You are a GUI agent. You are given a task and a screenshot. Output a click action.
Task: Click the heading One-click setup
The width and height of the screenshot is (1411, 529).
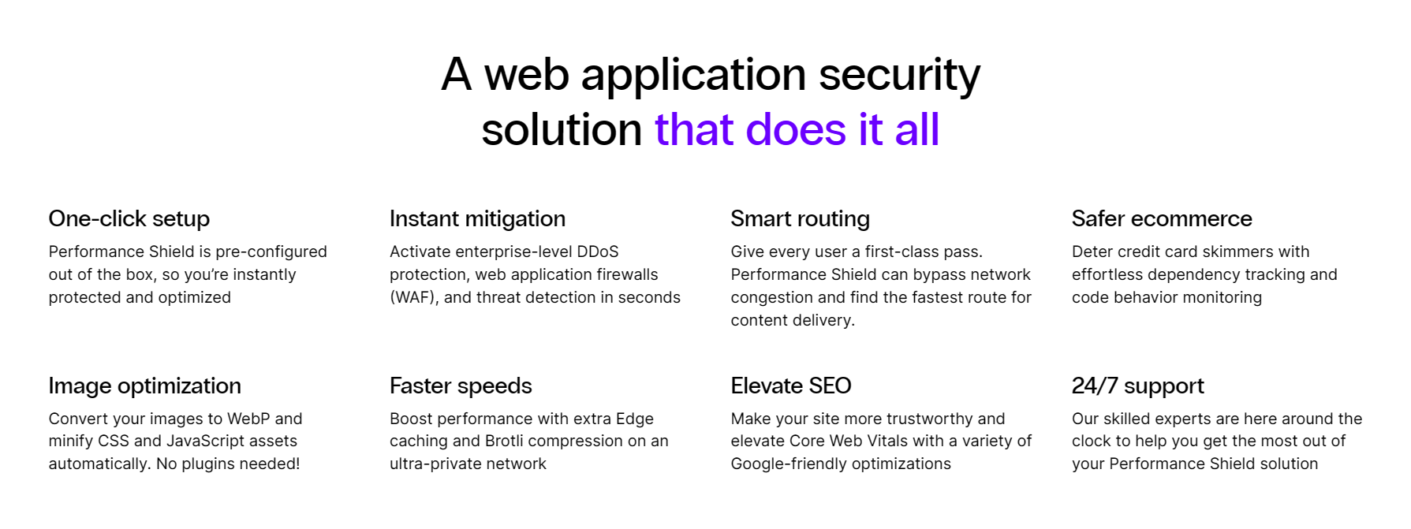pos(129,218)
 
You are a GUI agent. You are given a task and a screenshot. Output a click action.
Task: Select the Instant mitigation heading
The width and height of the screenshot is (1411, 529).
pos(477,218)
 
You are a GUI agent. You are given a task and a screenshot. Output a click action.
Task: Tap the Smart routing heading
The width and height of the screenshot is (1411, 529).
pos(800,218)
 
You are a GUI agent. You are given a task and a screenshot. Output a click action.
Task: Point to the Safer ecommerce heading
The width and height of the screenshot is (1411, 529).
pos(1161,218)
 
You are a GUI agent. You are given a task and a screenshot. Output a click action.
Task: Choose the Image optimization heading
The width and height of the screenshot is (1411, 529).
pos(144,386)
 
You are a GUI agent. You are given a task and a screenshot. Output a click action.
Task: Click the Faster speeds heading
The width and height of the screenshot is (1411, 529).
pos(461,386)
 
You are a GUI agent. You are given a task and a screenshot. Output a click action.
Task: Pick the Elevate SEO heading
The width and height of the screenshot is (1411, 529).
pos(790,386)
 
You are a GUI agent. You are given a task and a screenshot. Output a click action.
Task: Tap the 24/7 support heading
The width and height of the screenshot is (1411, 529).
pos(1137,386)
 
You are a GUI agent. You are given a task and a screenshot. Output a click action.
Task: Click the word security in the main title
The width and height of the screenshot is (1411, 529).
pos(899,76)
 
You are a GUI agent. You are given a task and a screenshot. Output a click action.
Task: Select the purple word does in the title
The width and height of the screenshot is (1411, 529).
pos(795,130)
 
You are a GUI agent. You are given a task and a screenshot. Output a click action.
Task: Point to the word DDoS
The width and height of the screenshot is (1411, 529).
pos(597,251)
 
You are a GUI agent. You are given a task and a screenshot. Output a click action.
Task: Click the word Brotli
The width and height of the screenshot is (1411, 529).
pos(507,441)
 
